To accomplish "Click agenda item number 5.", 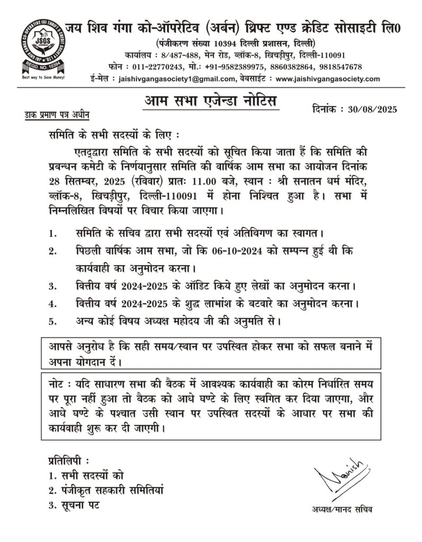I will (51, 320).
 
